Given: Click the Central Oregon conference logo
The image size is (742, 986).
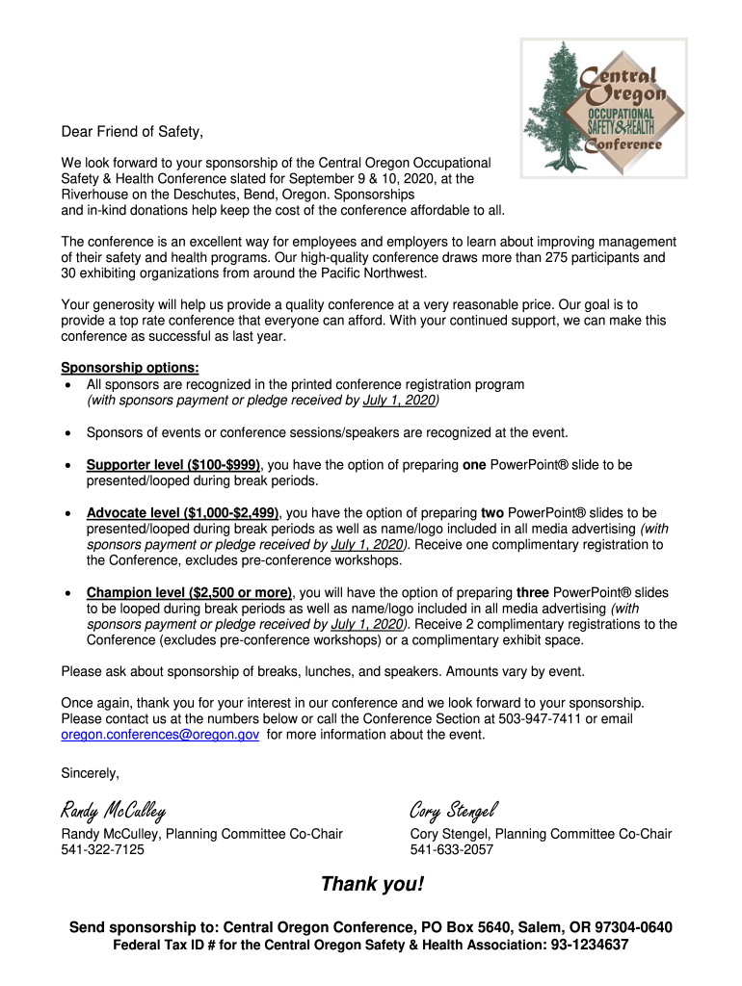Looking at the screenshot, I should click(604, 108).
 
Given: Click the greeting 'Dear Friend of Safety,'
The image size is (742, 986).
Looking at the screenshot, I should click(133, 131).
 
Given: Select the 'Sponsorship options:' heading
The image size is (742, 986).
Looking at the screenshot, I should click(130, 368).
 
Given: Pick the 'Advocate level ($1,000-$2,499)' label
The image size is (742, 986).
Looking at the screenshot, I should click(183, 513).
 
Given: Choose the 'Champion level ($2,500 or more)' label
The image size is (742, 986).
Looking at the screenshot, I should click(189, 592).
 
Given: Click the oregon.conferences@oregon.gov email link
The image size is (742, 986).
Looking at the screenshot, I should click(160, 735).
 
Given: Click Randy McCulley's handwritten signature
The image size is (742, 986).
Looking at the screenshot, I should click(114, 809).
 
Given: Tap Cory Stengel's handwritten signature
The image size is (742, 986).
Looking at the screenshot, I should click(452, 809).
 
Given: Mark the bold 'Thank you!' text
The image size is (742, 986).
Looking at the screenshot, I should click(372, 884).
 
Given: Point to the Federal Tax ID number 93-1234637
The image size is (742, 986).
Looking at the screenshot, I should click(590, 946).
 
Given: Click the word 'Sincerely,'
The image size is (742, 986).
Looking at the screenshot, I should click(91, 773).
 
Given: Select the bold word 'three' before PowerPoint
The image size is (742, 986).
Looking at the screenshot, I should click(533, 592).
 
